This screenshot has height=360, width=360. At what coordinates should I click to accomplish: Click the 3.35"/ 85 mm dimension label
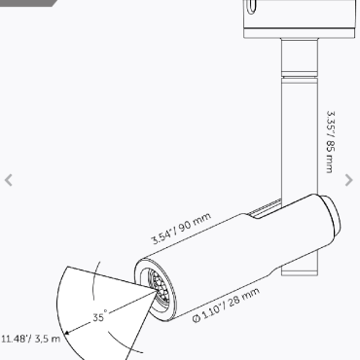331,142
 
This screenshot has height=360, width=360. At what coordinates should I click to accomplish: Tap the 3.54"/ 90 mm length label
181,229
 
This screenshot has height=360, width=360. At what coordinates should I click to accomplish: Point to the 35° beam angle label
99,316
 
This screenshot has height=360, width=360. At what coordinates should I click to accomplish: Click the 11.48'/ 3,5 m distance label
30,339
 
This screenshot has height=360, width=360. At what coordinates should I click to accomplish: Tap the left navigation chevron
9,180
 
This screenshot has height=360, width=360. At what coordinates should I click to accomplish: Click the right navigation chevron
348,180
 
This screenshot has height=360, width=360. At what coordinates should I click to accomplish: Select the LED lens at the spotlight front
159,287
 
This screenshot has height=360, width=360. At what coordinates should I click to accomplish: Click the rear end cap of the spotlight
330,214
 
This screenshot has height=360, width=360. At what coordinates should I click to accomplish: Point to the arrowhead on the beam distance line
67,332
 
